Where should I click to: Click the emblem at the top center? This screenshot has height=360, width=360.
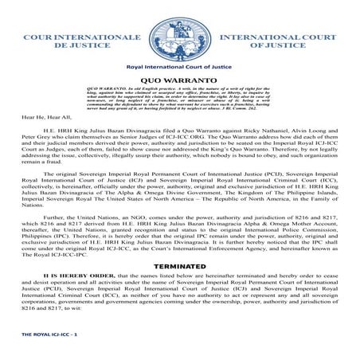tap(179, 32)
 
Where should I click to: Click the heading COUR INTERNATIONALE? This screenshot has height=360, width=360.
tap(72, 37)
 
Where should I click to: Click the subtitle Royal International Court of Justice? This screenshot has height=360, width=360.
tap(180, 70)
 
